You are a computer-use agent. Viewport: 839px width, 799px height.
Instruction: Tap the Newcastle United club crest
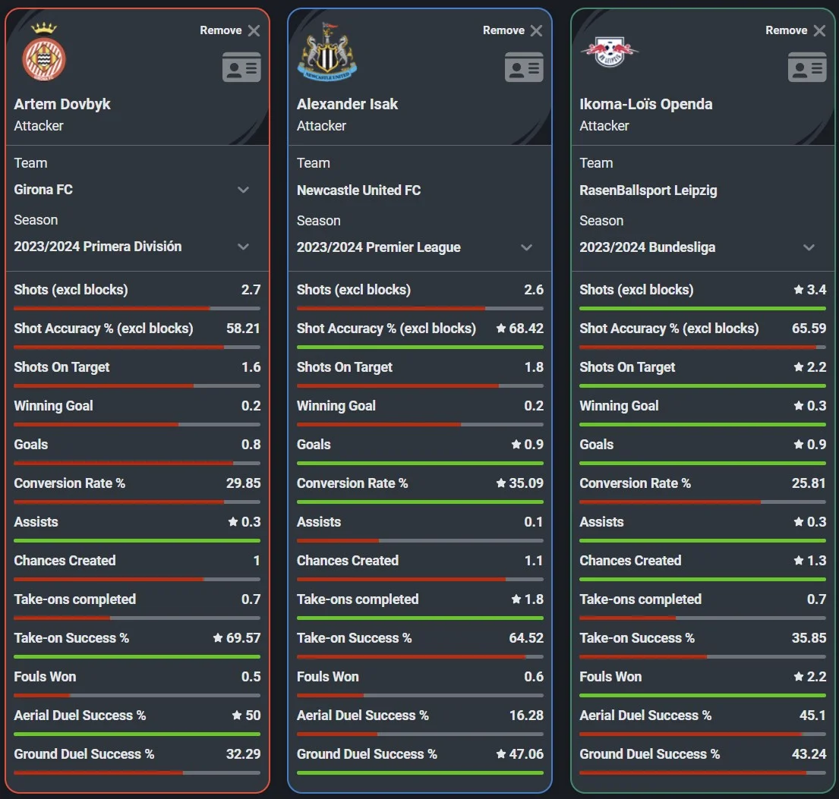pos(326,53)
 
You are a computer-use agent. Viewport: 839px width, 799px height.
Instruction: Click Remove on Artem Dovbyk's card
pos(230,30)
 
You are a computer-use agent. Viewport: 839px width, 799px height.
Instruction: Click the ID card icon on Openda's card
pos(807,67)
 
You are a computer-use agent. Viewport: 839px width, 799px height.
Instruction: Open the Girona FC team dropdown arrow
pos(244,190)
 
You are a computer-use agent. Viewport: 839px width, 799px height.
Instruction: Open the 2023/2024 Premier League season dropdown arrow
pos(526,247)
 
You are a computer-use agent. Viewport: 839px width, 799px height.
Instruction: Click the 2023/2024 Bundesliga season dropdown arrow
pos(809,247)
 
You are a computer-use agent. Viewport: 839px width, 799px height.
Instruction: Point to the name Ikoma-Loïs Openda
pos(645,104)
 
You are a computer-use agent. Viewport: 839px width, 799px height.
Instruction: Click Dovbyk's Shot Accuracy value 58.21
pos(243,329)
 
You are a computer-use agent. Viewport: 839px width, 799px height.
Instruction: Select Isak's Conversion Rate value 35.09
pos(526,483)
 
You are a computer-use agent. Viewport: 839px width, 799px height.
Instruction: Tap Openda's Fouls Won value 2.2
pos(816,677)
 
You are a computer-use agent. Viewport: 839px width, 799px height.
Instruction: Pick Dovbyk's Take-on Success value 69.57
pos(243,638)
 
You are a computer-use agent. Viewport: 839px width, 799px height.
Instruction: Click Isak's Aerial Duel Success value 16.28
pos(526,716)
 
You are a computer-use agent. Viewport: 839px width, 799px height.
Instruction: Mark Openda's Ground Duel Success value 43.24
pos(809,754)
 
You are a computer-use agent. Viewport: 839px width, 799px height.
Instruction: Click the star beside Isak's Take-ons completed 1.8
pos(516,599)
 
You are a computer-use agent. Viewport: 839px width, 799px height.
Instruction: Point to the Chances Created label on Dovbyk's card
pos(65,561)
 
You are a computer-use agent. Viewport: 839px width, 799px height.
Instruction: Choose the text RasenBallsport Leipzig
pos(648,190)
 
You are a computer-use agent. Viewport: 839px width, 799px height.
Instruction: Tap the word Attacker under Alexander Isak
pos(321,126)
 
